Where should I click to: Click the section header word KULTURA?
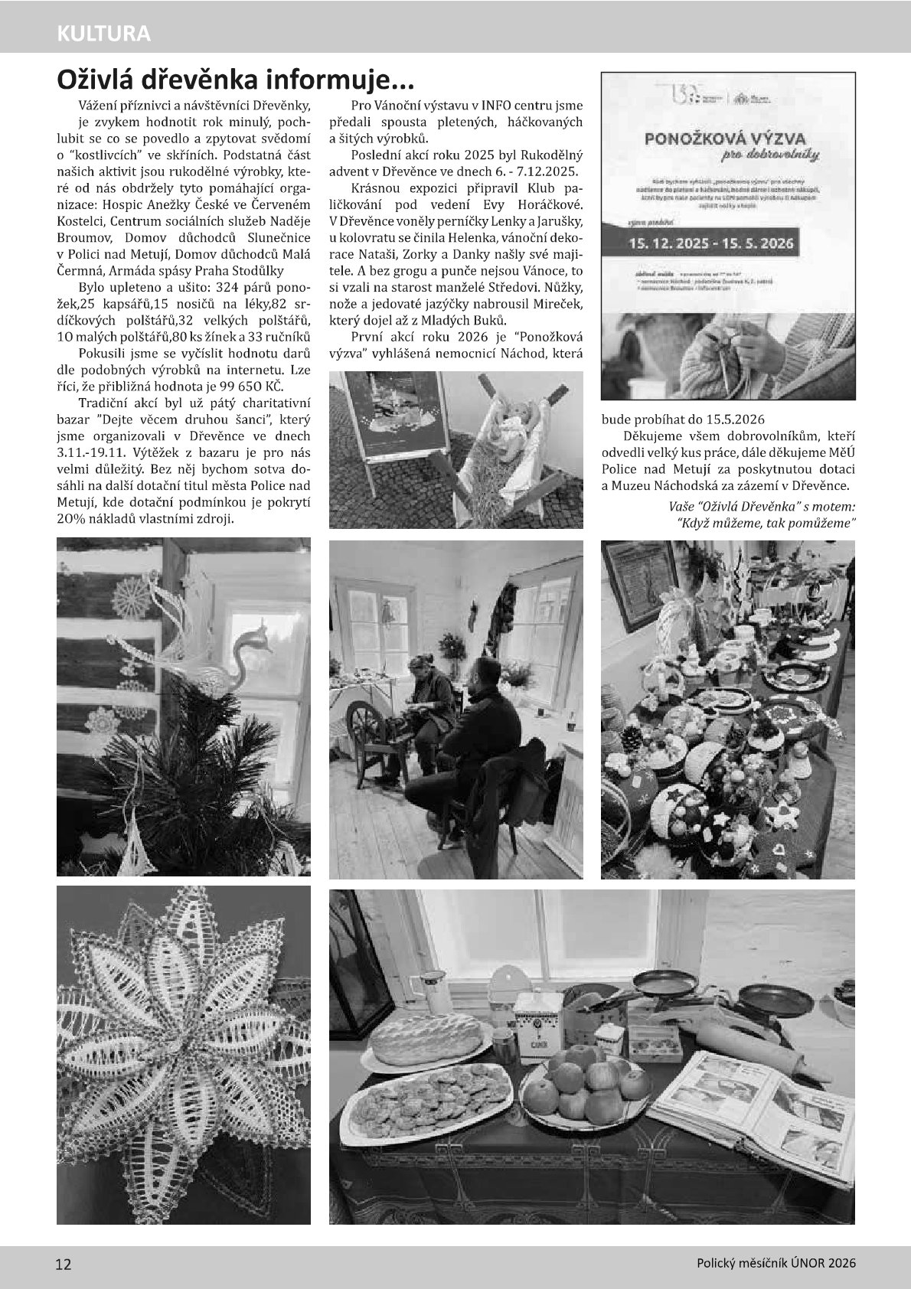(x=103, y=34)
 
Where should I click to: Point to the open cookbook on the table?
(x=754, y=1102)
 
